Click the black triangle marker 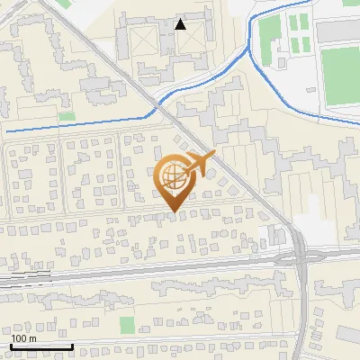click(x=181, y=24)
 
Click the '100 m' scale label click(x=23, y=338)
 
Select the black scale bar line click(x=41, y=346)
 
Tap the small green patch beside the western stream click(x=67, y=116)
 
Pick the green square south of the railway click(x=127, y=324)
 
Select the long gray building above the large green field click(x=337, y=31)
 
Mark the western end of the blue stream click(x=7, y=131)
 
